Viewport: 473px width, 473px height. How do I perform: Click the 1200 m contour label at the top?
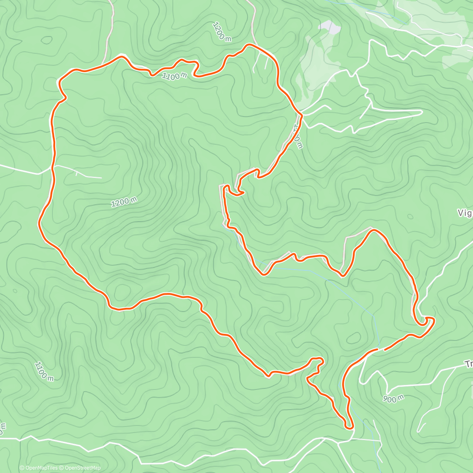(x=222, y=32)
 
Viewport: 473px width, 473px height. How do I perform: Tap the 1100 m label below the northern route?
(x=174, y=76)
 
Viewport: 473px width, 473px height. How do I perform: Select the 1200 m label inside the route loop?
(x=124, y=202)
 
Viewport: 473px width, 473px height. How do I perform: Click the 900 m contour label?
(x=393, y=399)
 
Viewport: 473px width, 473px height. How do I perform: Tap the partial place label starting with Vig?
(x=465, y=213)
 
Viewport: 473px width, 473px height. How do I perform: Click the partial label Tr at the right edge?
(x=468, y=364)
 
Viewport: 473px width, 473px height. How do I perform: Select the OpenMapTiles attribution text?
(x=39, y=468)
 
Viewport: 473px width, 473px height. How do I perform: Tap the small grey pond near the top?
(x=329, y=27)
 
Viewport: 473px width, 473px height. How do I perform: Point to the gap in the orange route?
(x=381, y=349)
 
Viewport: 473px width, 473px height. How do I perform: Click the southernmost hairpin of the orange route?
(x=348, y=426)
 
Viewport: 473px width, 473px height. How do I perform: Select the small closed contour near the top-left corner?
(x=47, y=40)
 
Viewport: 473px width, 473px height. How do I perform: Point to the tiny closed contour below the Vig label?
(x=410, y=216)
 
